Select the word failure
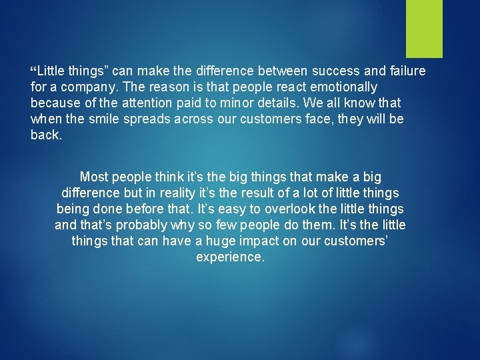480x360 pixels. [403, 71]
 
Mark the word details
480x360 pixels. [293, 103]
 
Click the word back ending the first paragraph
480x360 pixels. [46, 135]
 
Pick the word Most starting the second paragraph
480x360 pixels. [94, 177]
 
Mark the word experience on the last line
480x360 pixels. [230, 257]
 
